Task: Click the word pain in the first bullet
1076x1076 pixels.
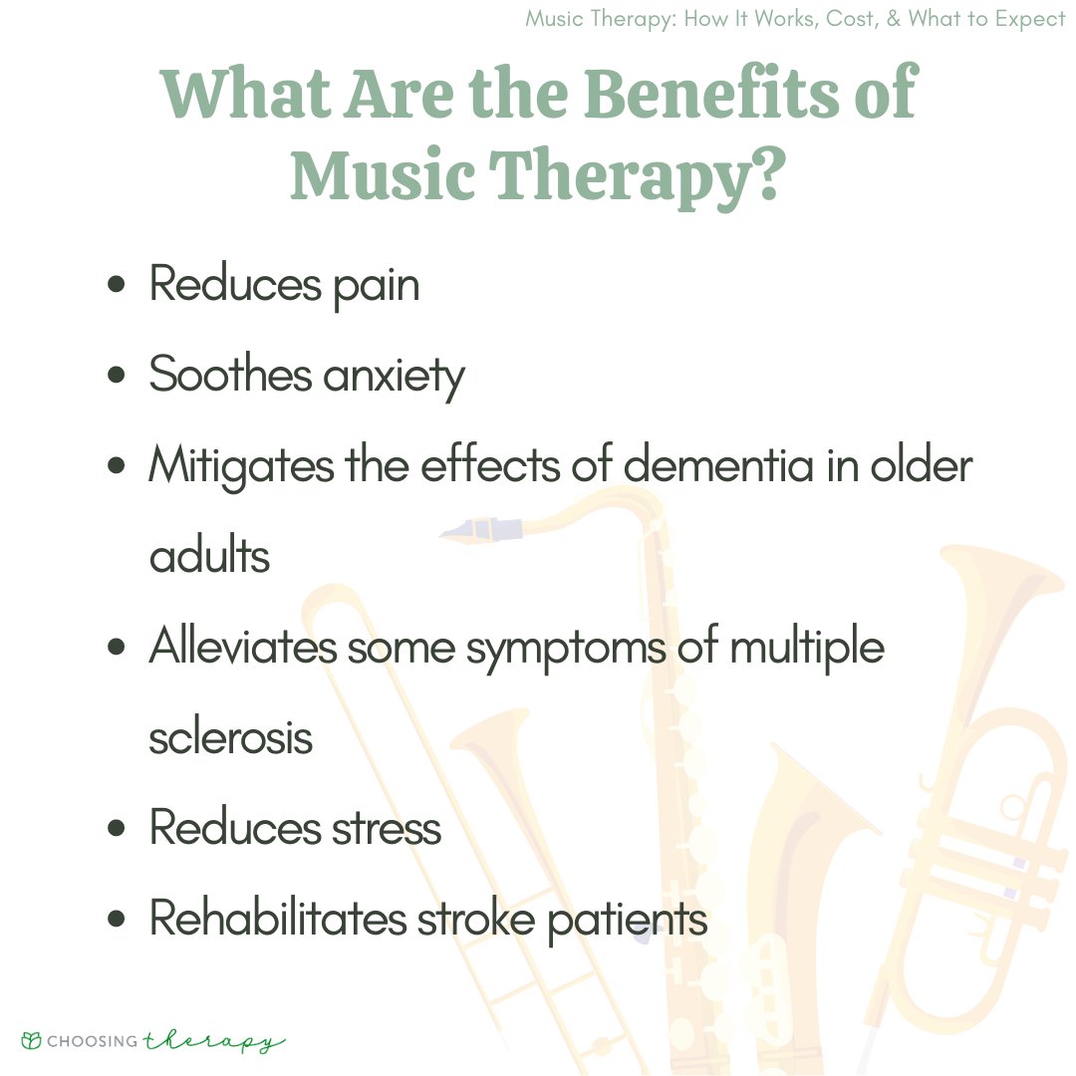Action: coord(376,287)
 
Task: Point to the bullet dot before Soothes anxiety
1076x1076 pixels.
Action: coord(117,375)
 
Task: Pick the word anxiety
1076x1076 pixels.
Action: coord(394,377)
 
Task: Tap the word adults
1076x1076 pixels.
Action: coord(209,555)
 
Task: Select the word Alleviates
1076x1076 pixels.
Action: coord(244,646)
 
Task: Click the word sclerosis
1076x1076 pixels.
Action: coord(230,737)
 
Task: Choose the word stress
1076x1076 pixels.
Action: coord(387,828)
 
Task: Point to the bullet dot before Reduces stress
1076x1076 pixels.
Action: coord(117,828)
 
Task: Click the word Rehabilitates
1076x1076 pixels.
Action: coord(279,919)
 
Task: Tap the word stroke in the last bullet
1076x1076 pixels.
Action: coord(476,919)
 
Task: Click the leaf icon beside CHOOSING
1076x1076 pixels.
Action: coord(32,1040)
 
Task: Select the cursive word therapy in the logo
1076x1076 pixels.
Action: coord(214,1042)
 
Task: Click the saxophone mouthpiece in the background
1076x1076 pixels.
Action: coord(481,530)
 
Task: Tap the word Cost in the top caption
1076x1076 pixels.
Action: coord(852,19)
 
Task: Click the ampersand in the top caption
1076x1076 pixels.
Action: coord(894,19)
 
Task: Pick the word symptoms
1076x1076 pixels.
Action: coord(566,649)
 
